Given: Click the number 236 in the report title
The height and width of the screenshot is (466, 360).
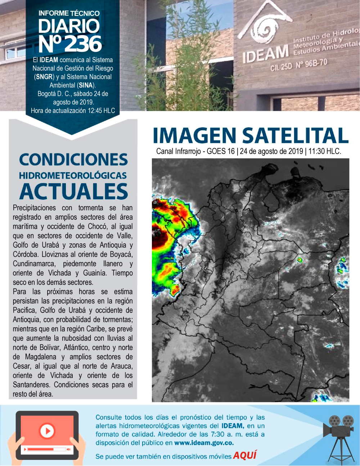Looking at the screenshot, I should click(x=83, y=44).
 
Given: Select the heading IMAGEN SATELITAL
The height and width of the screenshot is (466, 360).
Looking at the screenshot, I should click(x=251, y=136).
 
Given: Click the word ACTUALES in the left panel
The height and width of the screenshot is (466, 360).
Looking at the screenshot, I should click(x=74, y=191).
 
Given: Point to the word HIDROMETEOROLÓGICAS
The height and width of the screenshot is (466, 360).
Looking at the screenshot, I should click(x=73, y=175).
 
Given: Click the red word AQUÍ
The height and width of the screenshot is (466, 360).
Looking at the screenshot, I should click(x=245, y=455).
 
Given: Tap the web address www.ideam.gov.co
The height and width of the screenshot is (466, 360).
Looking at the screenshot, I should click(x=204, y=443).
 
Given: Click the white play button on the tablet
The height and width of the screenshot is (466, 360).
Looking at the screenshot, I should click(x=47, y=431).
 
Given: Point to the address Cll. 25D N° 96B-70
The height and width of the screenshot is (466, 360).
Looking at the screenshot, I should click(x=299, y=65).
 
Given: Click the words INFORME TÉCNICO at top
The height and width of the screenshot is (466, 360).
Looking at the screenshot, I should click(x=69, y=13).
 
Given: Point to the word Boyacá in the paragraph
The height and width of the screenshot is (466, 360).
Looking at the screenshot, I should click(x=121, y=255).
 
